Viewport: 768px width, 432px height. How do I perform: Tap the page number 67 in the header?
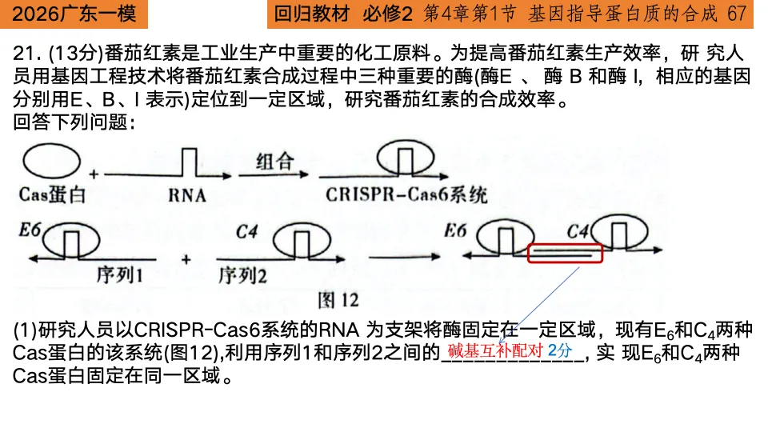pos(738,14)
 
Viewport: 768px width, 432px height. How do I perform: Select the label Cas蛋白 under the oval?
pos(52,195)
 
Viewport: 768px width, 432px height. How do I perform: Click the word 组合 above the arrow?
pos(274,162)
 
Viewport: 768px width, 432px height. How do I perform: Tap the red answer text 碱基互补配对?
pos(495,351)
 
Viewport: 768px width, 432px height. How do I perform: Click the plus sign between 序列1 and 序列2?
pos(186,259)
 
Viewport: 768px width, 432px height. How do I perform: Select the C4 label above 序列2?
pos(247,232)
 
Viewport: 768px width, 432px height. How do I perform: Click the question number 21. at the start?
pos(27,54)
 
